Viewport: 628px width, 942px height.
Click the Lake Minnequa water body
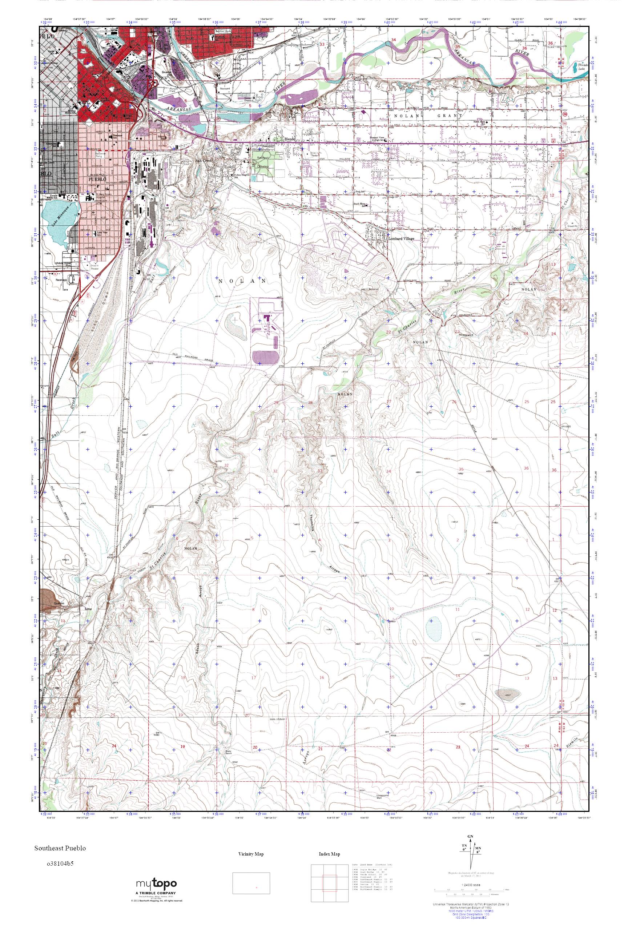point(60,219)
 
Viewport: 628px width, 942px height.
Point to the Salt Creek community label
point(208,160)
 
